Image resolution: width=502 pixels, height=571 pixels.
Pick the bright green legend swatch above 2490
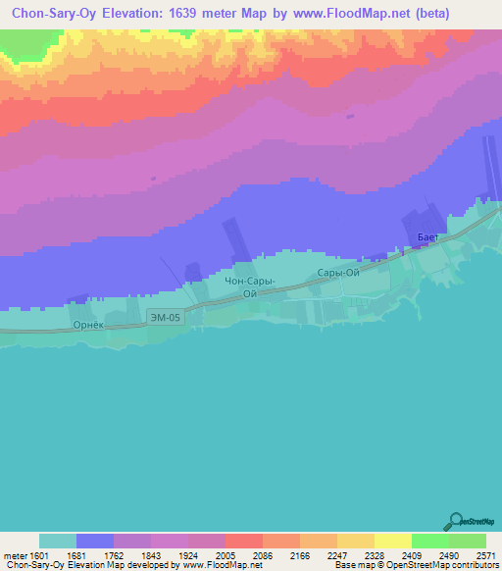pyautogui.click(x=430, y=541)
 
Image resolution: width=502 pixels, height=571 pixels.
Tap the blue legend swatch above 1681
pyautogui.click(x=95, y=541)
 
